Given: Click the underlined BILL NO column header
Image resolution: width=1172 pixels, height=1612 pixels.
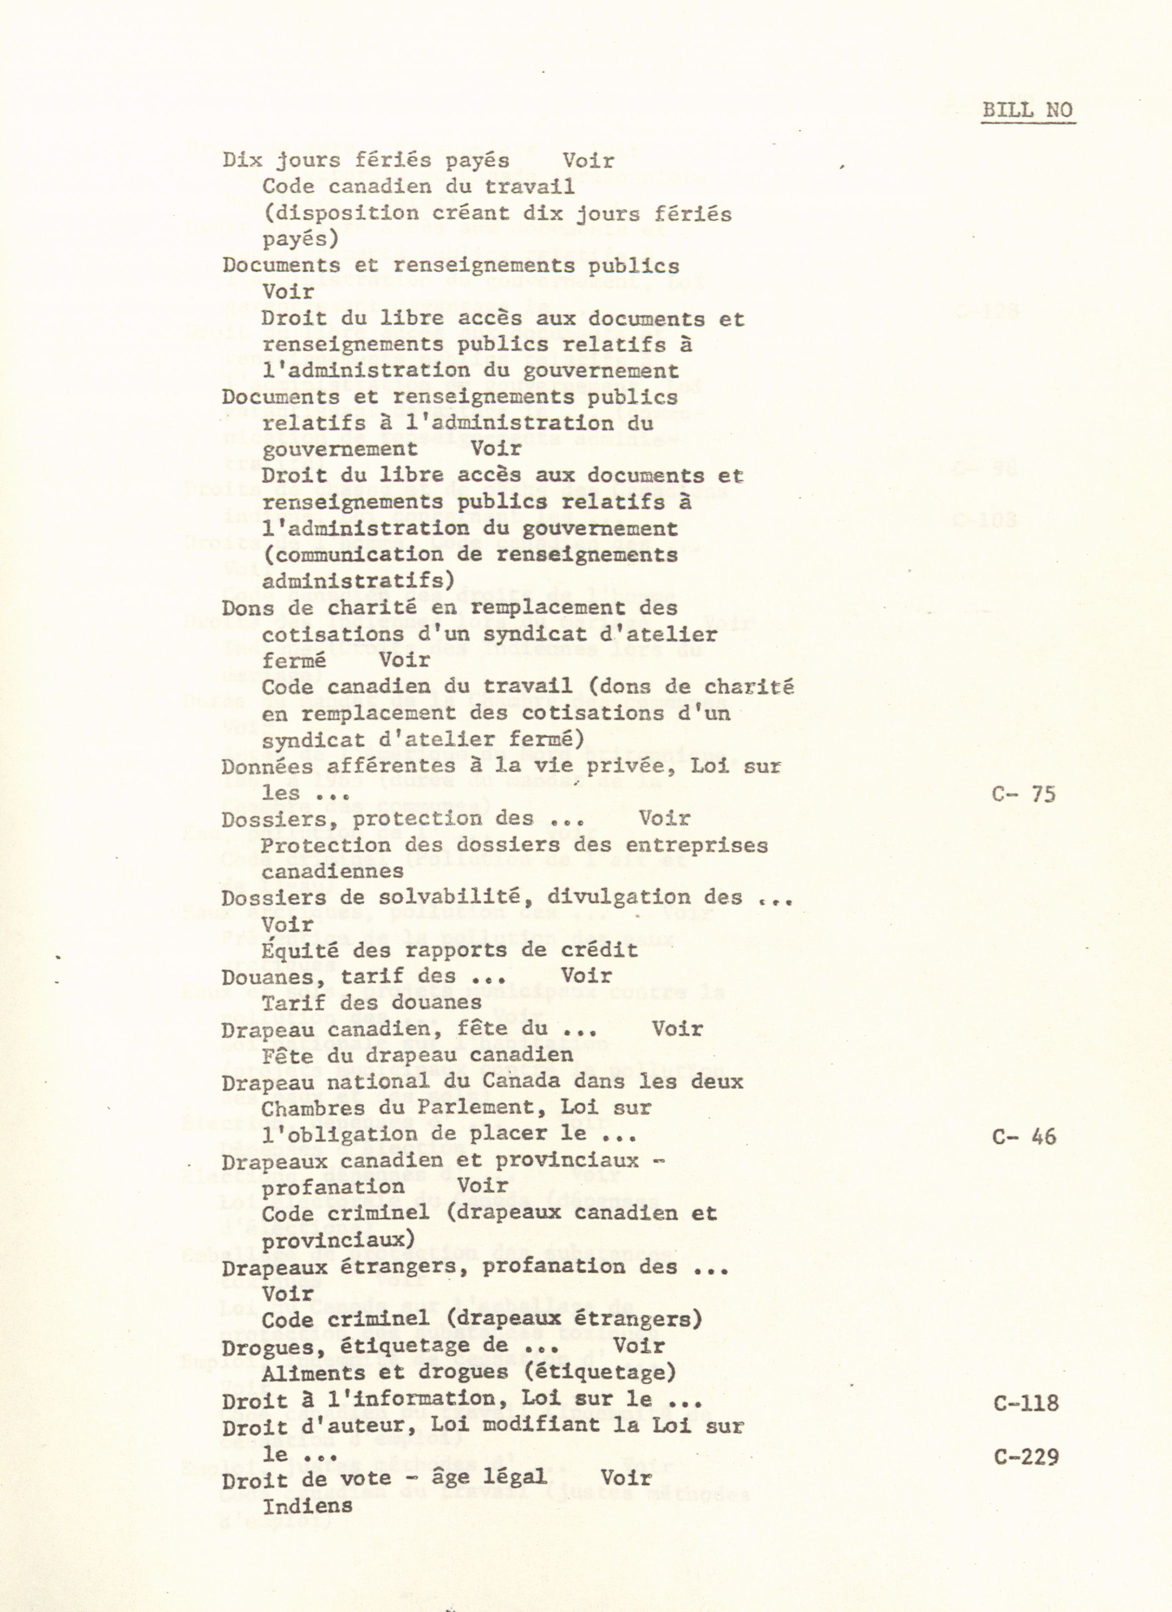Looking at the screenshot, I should (x=1027, y=110).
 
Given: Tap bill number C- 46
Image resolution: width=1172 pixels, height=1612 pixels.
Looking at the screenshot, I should (x=1023, y=1136).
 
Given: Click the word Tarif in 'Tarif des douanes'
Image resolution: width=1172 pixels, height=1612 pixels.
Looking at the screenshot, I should (x=288, y=1003).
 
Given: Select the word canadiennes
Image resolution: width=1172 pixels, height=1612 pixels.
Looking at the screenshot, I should (x=333, y=872).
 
